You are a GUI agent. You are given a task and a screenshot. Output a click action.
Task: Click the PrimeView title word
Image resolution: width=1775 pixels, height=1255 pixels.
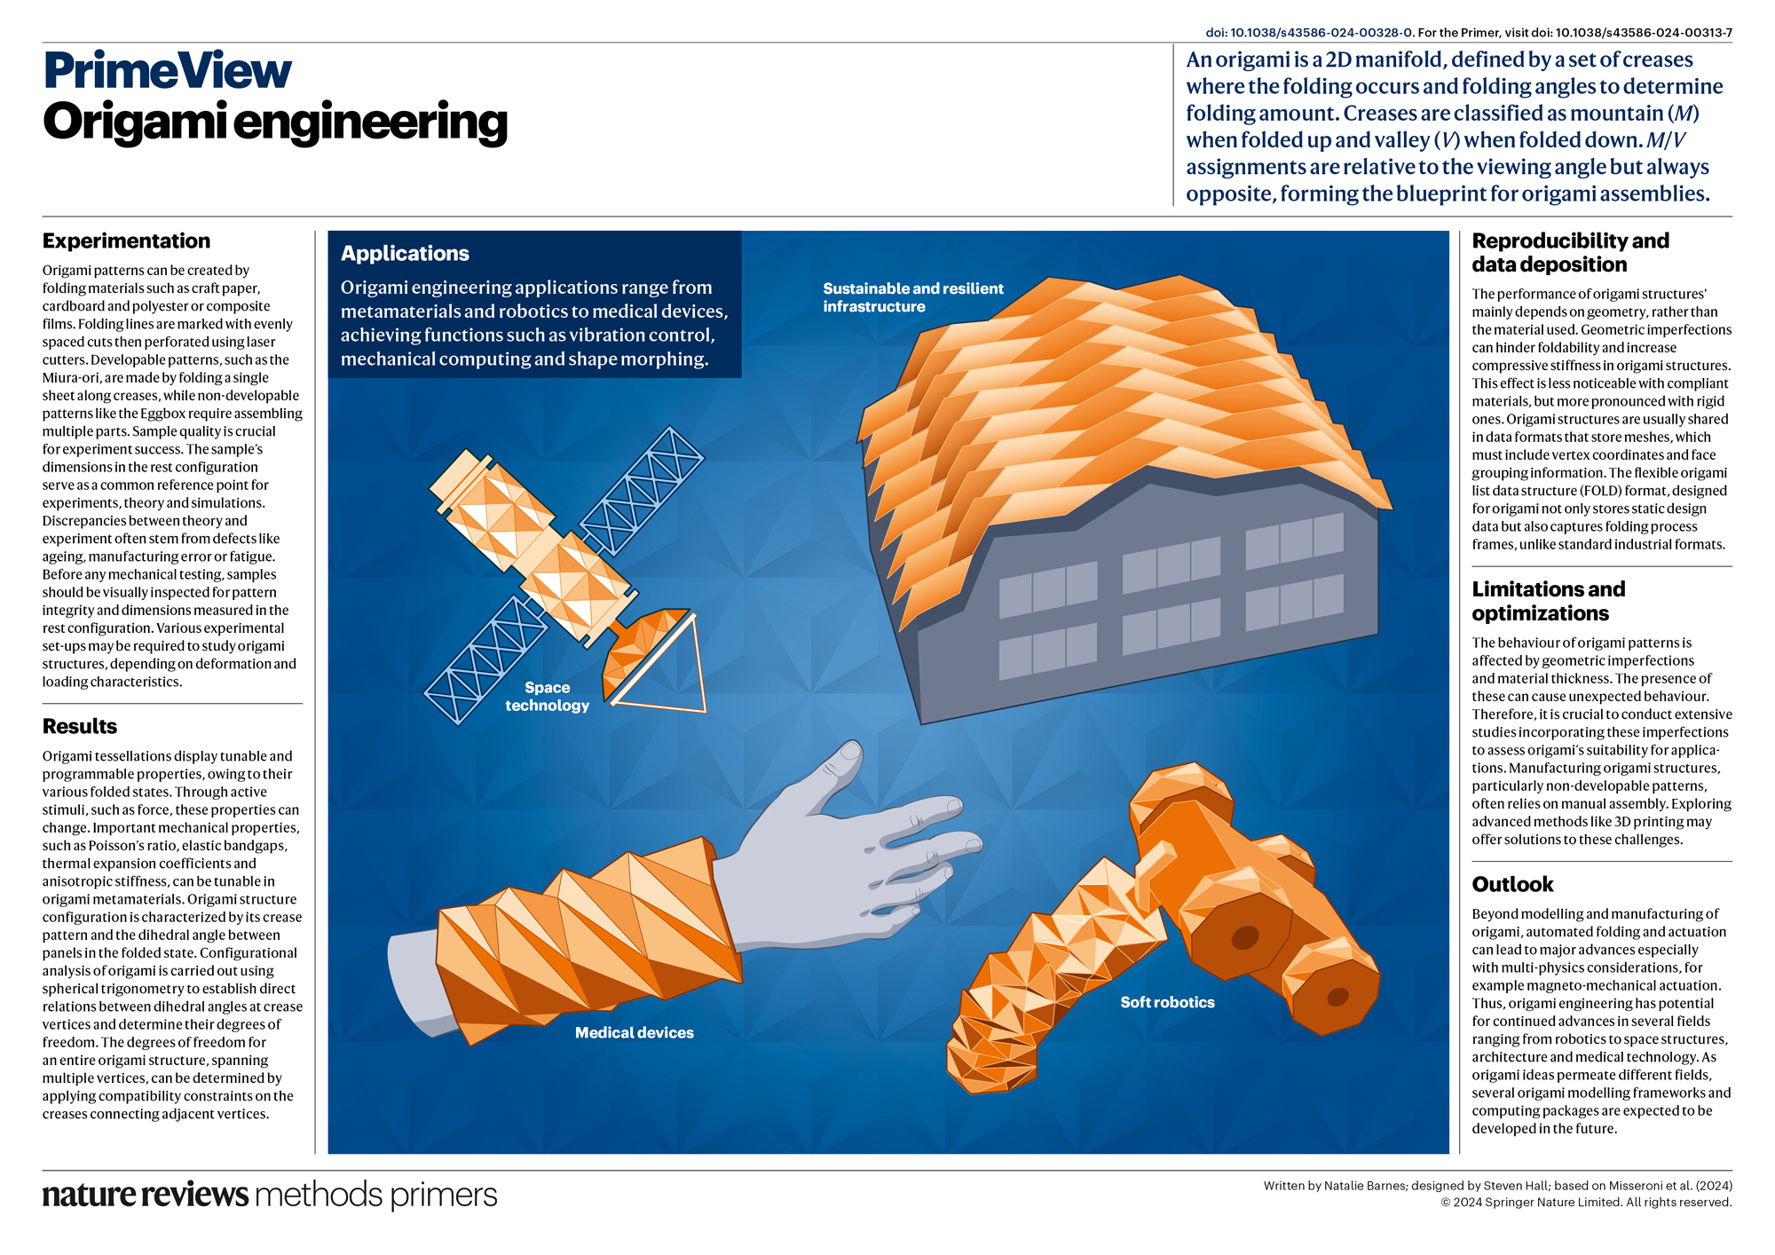point(167,71)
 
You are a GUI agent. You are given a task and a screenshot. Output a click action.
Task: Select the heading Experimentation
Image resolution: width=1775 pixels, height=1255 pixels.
point(126,241)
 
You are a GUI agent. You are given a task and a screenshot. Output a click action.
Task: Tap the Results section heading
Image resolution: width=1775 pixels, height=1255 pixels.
point(80,726)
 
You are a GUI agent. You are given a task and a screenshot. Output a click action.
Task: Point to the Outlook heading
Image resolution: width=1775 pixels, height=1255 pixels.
point(1512,884)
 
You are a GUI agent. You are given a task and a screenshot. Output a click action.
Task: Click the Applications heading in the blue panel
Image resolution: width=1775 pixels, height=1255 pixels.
point(405,254)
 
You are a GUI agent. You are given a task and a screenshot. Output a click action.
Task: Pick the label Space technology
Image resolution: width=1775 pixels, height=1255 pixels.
point(547,697)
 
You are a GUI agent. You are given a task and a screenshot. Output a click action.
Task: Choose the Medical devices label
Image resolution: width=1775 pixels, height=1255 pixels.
point(634,1032)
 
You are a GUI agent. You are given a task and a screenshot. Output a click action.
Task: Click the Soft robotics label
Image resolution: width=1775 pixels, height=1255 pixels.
point(1167,1002)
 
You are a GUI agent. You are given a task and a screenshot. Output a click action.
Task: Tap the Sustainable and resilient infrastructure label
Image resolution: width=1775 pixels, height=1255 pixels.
point(912,297)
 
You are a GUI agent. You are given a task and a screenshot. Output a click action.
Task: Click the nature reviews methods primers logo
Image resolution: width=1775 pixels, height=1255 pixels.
point(270,1195)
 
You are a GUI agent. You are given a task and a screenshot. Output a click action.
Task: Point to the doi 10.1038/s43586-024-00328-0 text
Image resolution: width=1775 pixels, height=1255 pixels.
point(1309,33)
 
